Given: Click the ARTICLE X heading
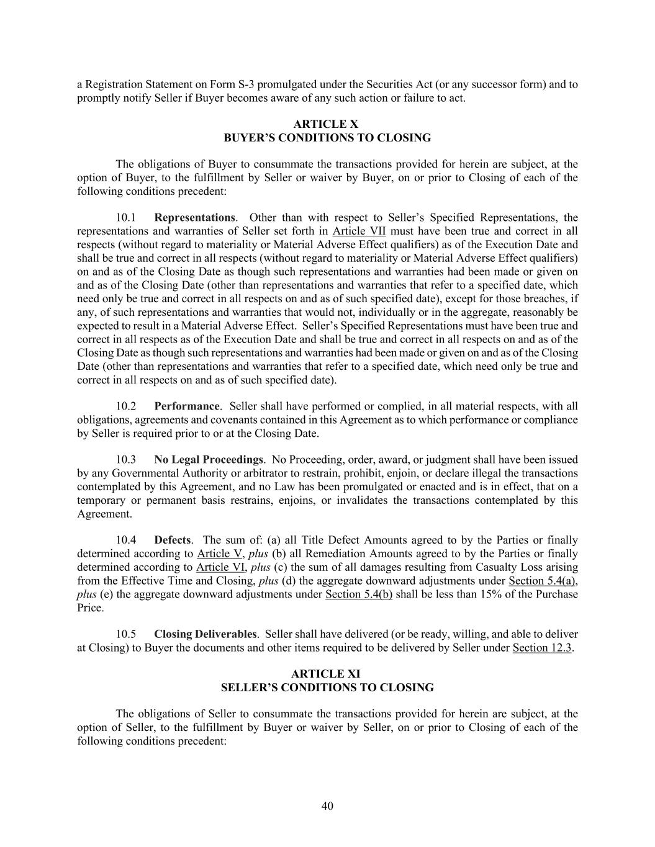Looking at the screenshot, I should pyautogui.click(x=327, y=125).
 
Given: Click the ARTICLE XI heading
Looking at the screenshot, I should pyautogui.click(x=327, y=674).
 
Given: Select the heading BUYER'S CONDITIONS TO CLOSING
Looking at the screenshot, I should pyautogui.click(x=327, y=138).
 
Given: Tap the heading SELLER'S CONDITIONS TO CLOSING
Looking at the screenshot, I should pyautogui.click(x=327, y=688).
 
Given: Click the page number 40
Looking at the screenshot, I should pyautogui.click(x=327, y=806).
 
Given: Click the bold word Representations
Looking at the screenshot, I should pyautogui.click(x=194, y=218).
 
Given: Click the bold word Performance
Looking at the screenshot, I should pyautogui.click(x=186, y=406).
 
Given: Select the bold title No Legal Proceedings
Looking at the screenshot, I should pyautogui.click(x=209, y=460).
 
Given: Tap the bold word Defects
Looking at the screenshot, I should pyautogui.click(x=172, y=540).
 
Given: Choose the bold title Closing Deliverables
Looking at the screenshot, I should pyautogui.click(x=205, y=634).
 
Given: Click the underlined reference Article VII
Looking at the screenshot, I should pyautogui.click(x=359, y=231).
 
